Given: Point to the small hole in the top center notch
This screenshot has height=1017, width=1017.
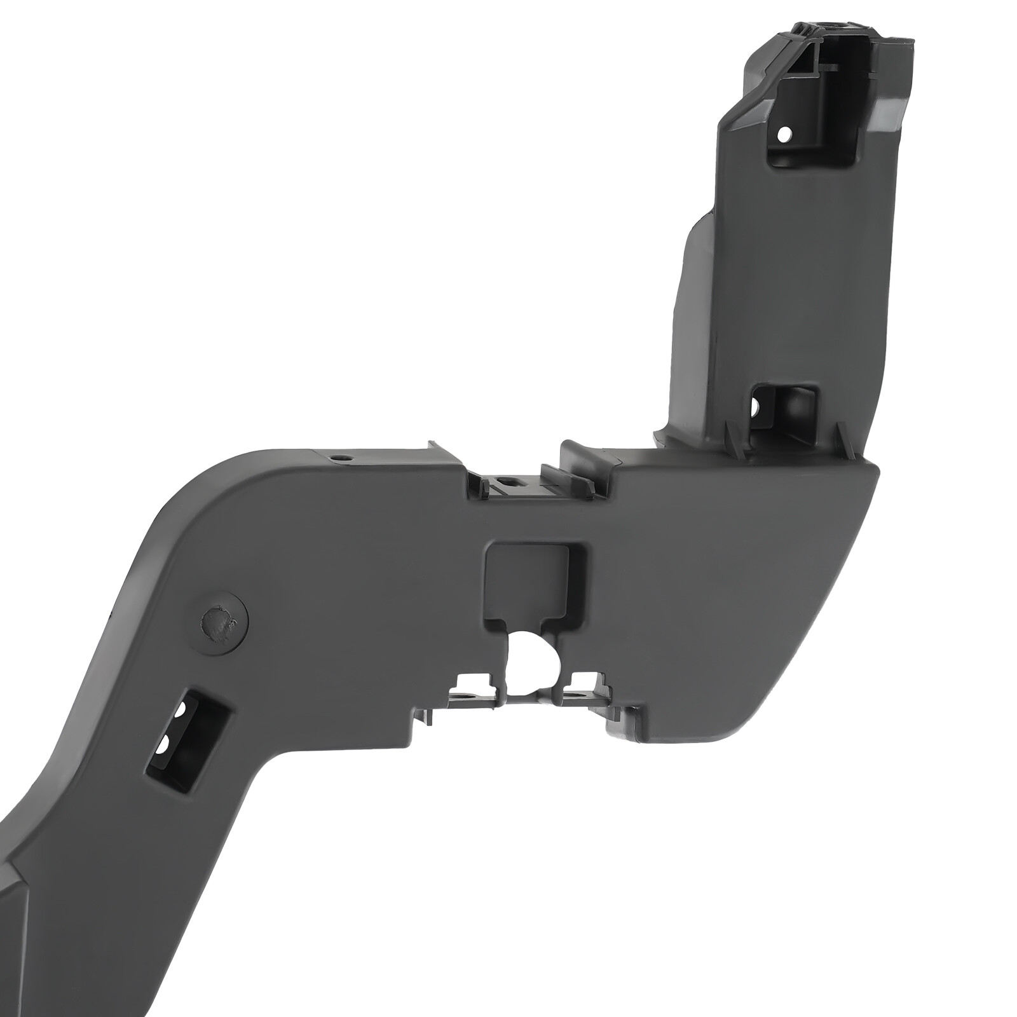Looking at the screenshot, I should click(504, 481).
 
